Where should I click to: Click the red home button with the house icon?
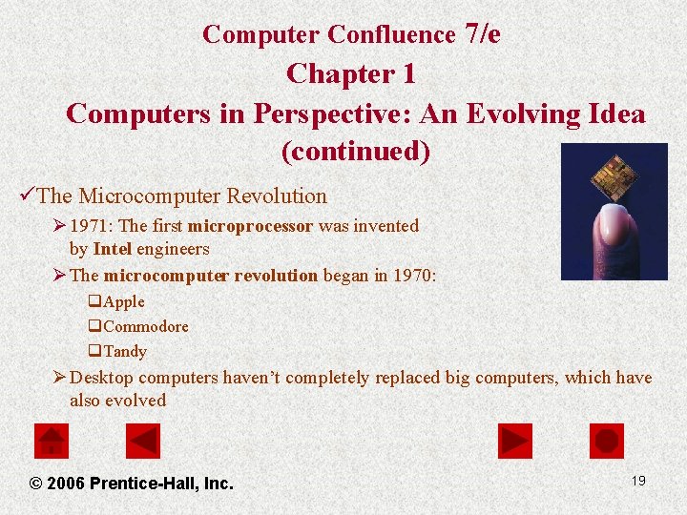point(52,441)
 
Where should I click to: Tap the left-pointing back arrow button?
point(143,441)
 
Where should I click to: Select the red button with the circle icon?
point(607,441)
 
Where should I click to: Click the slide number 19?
point(638,481)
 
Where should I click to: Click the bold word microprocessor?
point(251,226)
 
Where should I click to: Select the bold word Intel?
point(113,249)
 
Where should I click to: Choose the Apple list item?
point(124,302)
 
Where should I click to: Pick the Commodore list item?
point(145,326)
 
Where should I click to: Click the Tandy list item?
point(125,351)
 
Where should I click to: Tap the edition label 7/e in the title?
point(481,33)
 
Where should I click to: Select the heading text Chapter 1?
point(350,73)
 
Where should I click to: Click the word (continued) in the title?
point(355,152)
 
